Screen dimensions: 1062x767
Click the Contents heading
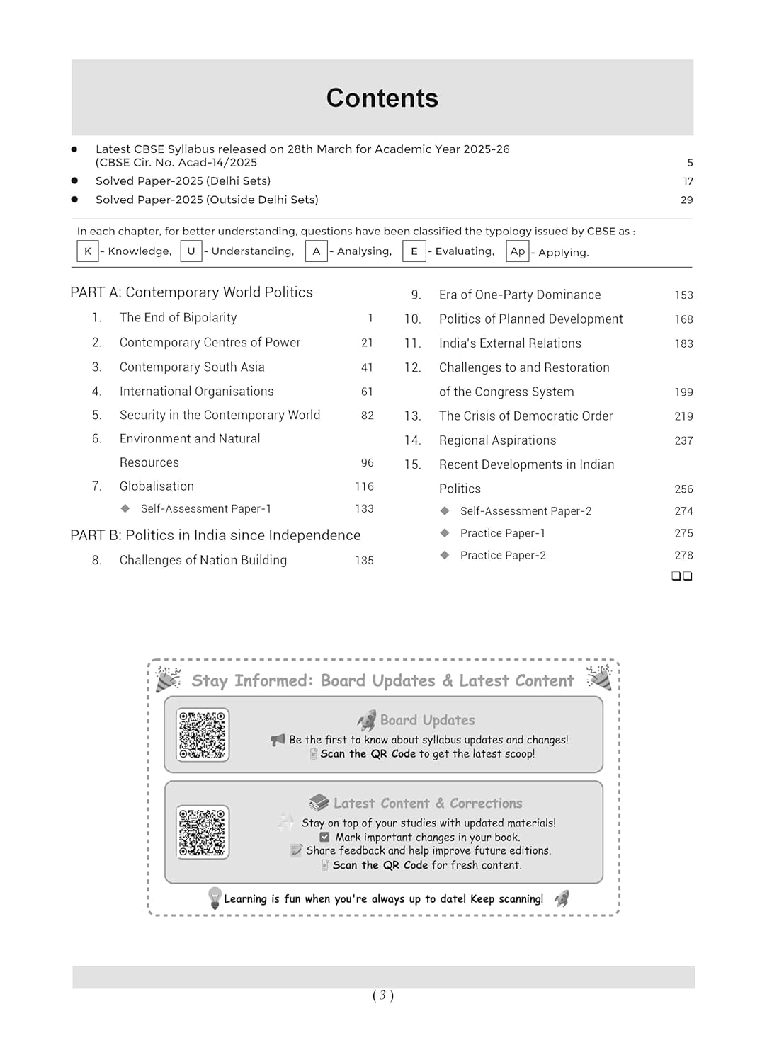pos(382,98)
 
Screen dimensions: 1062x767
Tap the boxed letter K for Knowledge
pos(88,251)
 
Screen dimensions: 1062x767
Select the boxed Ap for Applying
pos(518,251)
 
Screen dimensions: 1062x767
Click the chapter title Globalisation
pos(157,486)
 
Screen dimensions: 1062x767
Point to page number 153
pos(683,295)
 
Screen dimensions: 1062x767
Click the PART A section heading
pos(191,292)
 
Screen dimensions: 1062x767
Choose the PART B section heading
pos(215,535)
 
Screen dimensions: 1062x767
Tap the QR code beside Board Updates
pos(203,735)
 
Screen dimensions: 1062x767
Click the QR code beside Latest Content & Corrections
pos(203,832)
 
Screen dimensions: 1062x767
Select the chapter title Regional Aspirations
pos(497,440)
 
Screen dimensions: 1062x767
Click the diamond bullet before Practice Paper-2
pos(445,555)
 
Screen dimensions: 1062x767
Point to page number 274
pos(683,511)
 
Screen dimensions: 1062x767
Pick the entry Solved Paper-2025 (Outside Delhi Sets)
pos(207,200)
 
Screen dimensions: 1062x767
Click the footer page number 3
pos(382,995)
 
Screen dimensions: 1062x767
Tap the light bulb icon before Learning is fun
pos(215,898)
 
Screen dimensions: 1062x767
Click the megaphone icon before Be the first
pos(278,740)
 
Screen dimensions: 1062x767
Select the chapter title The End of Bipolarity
pos(178,318)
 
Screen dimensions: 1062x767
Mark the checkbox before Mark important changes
pos(324,837)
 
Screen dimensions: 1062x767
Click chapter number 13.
pos(412,416)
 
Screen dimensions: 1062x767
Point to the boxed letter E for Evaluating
pos(414,251)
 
